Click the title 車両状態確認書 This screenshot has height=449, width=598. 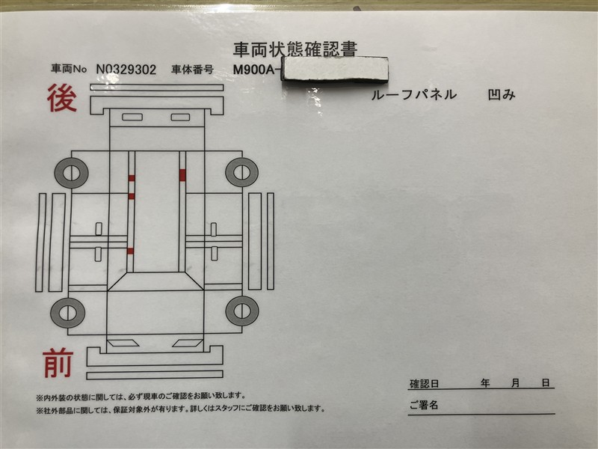pyautogui.click(x=295, y=49)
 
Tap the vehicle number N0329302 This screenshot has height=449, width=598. pyautogui.click(x=126, y=70)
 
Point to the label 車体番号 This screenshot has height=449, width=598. pyautogui.click(x=192, y=70)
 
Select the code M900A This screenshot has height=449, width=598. pyautogui.click(x=253, y=70)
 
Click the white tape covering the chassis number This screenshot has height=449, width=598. pyautogui.click(x=335, y=69)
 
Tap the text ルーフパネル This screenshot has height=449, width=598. pyautogui.click(x=414, y=94)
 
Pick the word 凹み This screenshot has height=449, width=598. pyautogui.click(x=502, y=95)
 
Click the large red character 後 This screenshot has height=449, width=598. pyautogui.click(x=62, y=98)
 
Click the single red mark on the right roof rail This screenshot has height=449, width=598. pyautogui.click(x=182, y=175)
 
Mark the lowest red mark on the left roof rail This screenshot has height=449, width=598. pyautogui.click(x=130, y=251)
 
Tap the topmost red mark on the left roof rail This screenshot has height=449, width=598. pyautogui.click(x=132, y=178)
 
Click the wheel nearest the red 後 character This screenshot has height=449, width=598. pyautogui.click(x=71, y=173)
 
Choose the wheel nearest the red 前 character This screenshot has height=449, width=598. pyautogui.click(x=67, y=313)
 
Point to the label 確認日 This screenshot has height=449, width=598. pyautogui.click(x=424, y=384)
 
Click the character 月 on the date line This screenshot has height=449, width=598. pyautogui.click(x=515, y=383)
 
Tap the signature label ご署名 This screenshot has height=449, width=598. pyautogui.click(x=424, y=405)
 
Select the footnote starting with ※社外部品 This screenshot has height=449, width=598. pyautogui.click(x=181, y=409)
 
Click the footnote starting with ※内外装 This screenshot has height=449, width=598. pyautogui.click(x=141, y=397)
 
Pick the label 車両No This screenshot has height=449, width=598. pyautogui.click(x=69, y=69)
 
